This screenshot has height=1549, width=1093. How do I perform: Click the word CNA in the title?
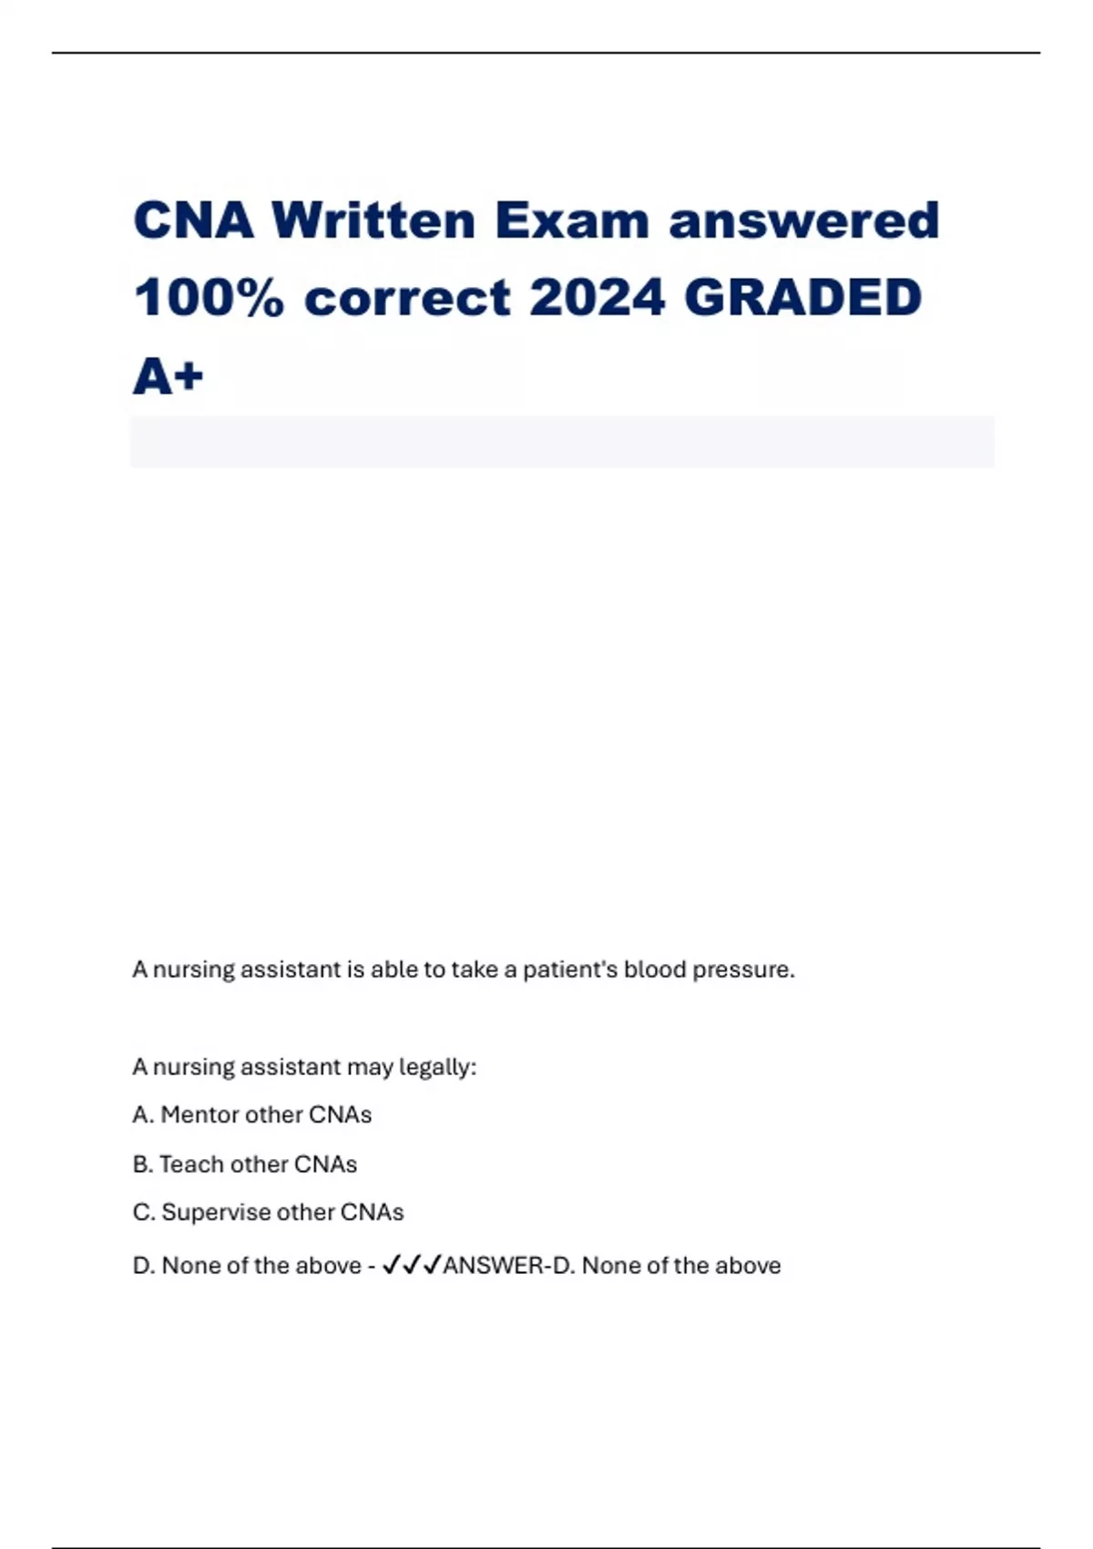point(193,221)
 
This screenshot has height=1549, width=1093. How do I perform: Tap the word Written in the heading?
point(373,221)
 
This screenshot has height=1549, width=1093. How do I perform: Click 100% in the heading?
point(209,299)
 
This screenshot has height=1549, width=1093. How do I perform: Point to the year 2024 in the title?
point(597,299)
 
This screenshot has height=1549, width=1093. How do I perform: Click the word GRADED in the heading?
point(803,299)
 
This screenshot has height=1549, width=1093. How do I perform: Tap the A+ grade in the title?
point(169,376)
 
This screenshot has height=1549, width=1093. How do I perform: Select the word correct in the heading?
point(408,299)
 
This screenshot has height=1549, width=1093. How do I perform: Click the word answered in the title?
point(804,221)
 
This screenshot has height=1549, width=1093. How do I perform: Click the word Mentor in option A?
point(202,1115)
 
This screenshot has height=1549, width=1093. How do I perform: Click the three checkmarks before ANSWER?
point(412,1266)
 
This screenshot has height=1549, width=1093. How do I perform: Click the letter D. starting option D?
point(144,1266)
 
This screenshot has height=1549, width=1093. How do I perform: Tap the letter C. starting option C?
point(144,1213)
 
